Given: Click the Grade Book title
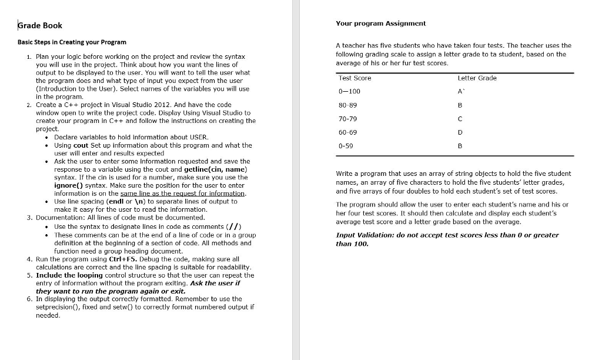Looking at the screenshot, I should coord(40,25).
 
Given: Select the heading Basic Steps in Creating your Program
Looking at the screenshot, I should coord(72,42).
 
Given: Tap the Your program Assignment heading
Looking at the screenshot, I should coord(380,23).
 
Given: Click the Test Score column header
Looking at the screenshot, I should coord(354,78).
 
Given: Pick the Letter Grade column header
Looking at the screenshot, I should coord(477,78).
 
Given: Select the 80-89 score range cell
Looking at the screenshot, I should coord(347,105).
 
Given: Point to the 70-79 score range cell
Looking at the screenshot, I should coord(347,118).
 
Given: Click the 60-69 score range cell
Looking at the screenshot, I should coord(347,132).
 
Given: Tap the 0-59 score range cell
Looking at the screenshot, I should coord(346,145).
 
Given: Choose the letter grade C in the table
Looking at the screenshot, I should coord(460,118).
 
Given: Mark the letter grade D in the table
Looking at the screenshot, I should coord(460,132).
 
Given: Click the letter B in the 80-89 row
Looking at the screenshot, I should coord(460,105).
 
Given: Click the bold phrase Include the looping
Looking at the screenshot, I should coord(69,275).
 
